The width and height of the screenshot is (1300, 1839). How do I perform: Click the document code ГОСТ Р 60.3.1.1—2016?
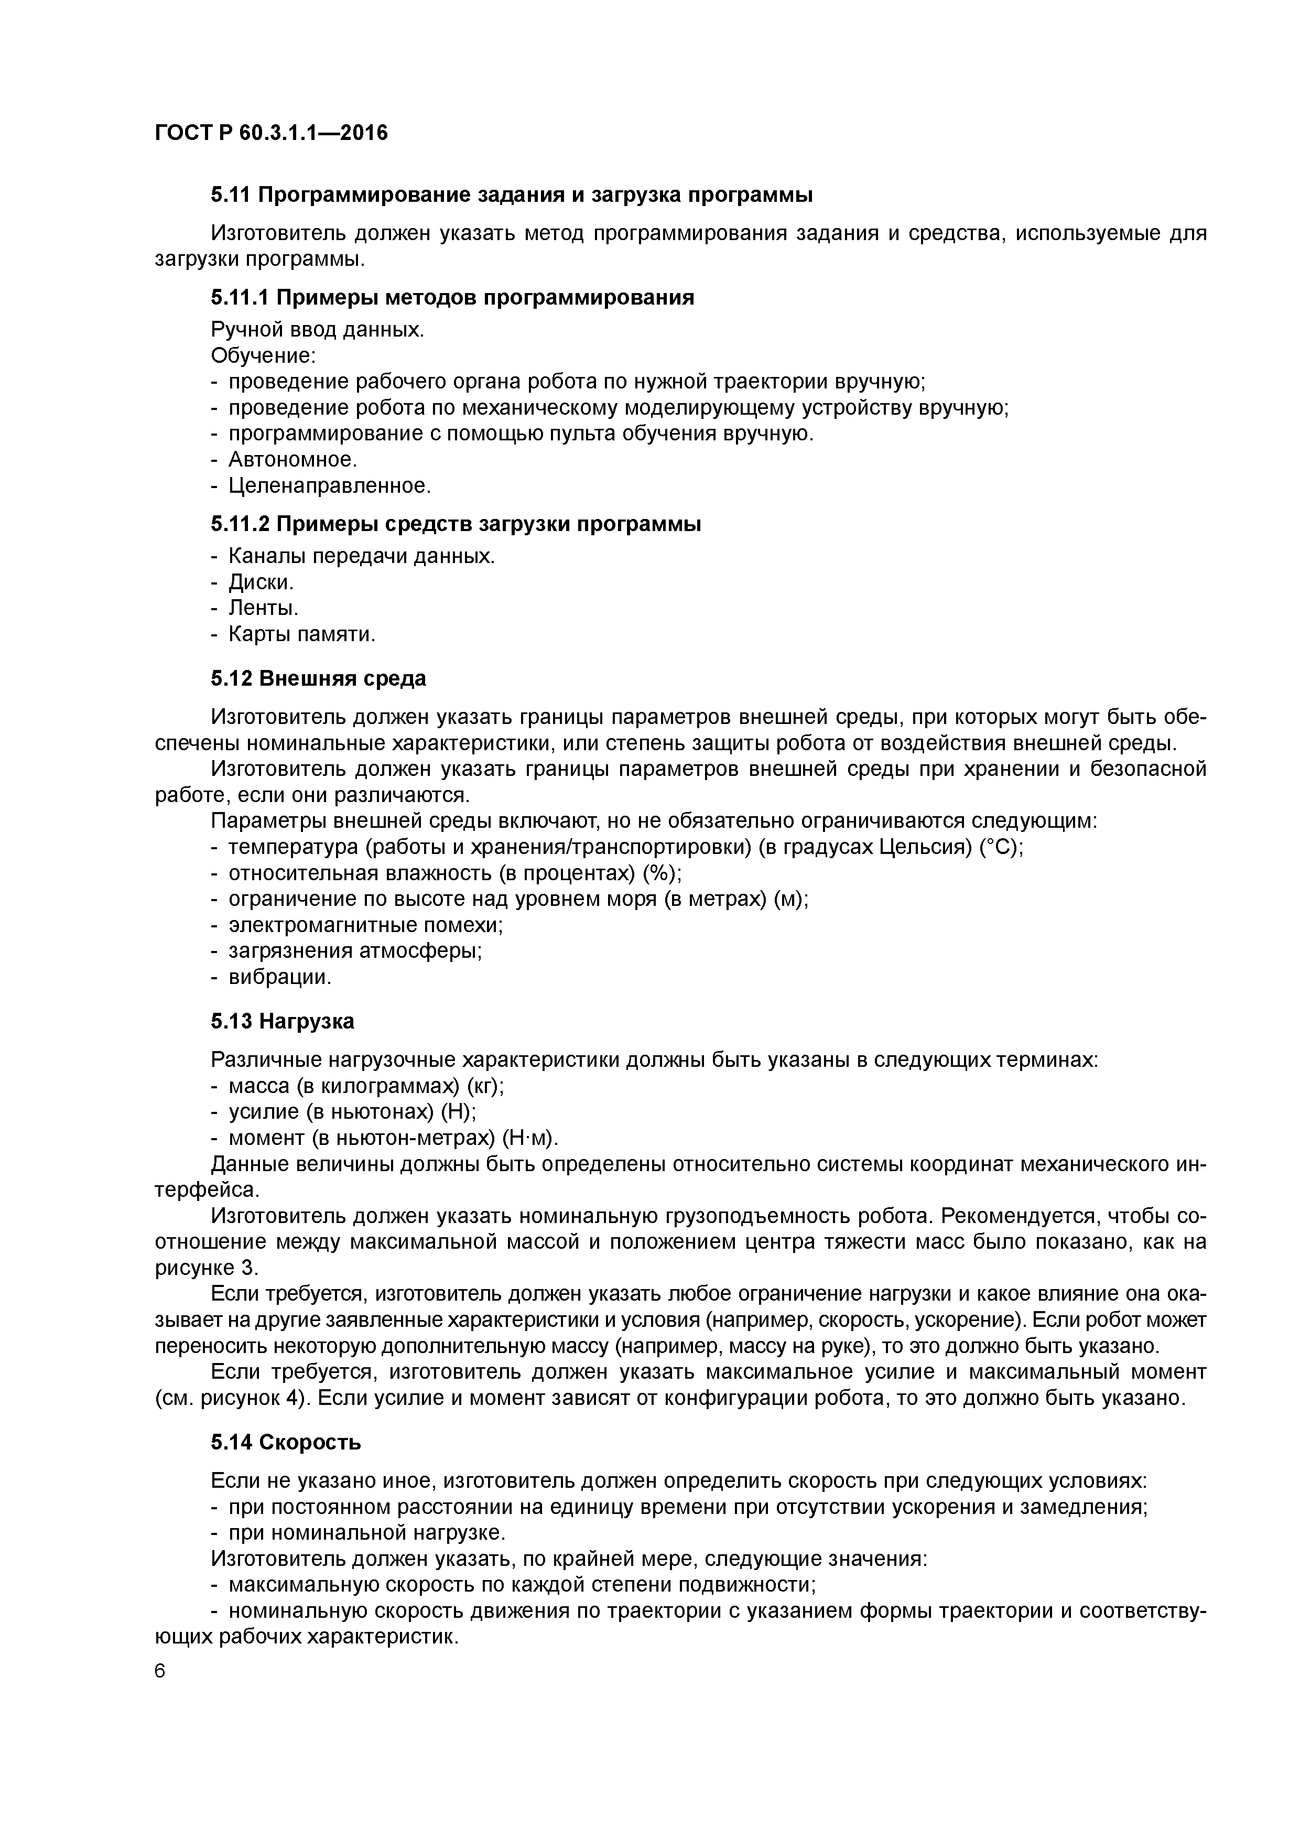[270, 133]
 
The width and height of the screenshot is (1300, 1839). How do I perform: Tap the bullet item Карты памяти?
[301, 634]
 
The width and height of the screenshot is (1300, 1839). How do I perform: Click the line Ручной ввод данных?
[317, 329]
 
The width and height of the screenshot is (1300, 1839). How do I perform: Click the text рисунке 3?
[206, 1268]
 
